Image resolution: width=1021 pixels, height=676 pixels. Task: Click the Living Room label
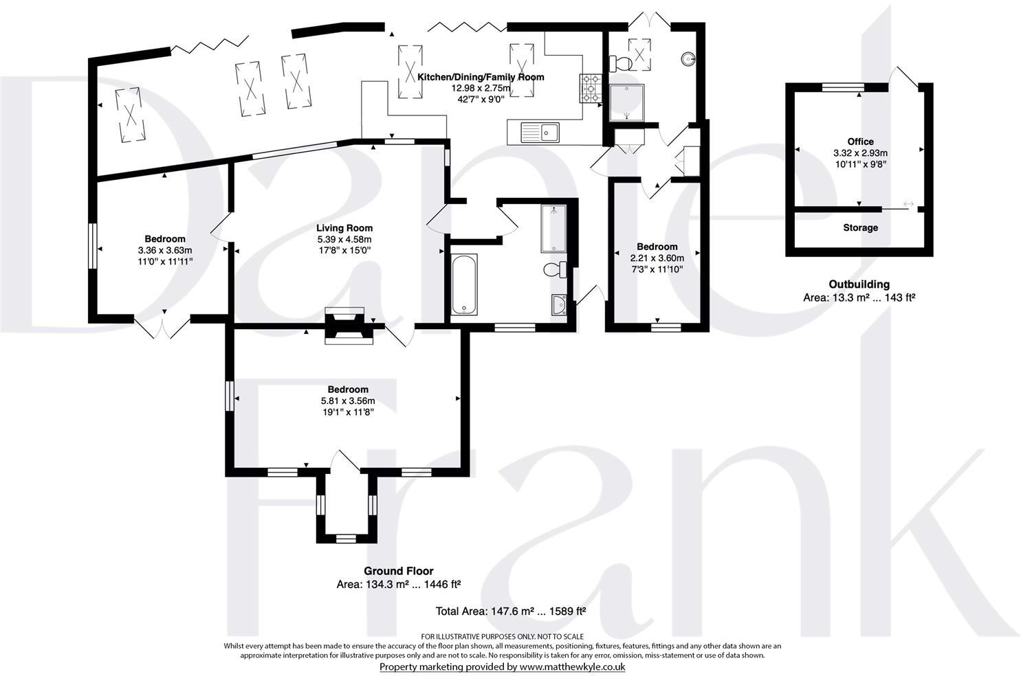pos(344,228)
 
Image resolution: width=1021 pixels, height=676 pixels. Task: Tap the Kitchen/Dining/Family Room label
pos(481,77)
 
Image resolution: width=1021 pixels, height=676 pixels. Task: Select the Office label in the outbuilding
pos(860,142)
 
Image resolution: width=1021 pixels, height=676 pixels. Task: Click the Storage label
pos(860,227)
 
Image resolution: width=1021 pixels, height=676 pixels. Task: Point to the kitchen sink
pos(541,131)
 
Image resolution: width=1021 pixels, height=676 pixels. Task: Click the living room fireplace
pos(349,324)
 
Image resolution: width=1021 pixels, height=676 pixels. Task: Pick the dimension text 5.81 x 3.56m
pos(348,401)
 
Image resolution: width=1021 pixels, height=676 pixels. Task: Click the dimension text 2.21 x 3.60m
pos(657,258)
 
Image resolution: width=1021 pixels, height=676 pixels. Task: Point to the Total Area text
pos(510,611)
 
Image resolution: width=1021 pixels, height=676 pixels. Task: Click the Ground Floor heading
pos(398,571)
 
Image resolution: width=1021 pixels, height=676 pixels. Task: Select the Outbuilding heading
pos(859,284)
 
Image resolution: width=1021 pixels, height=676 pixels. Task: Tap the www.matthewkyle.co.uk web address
pos(572,666)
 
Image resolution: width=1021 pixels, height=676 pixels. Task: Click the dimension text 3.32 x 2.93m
pos(860,153)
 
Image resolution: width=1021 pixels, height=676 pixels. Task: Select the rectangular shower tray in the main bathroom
pos(553,229)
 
